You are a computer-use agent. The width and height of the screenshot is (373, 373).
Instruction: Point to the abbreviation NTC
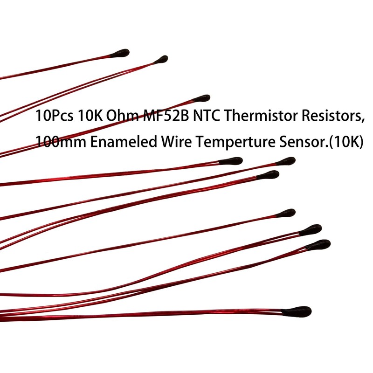click(x=200, y=117)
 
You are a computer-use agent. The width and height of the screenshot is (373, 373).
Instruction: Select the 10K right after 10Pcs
click(x=88, y=117)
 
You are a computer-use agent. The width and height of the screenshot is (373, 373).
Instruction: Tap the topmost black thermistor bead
click(x=122, y=53)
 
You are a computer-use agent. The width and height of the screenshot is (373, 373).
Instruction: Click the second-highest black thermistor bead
click(x=161, y=59)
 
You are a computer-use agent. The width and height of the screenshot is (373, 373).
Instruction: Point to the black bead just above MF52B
click(x=202, y=98)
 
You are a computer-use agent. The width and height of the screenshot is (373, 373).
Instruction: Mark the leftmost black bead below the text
click(x=231, y=161)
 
